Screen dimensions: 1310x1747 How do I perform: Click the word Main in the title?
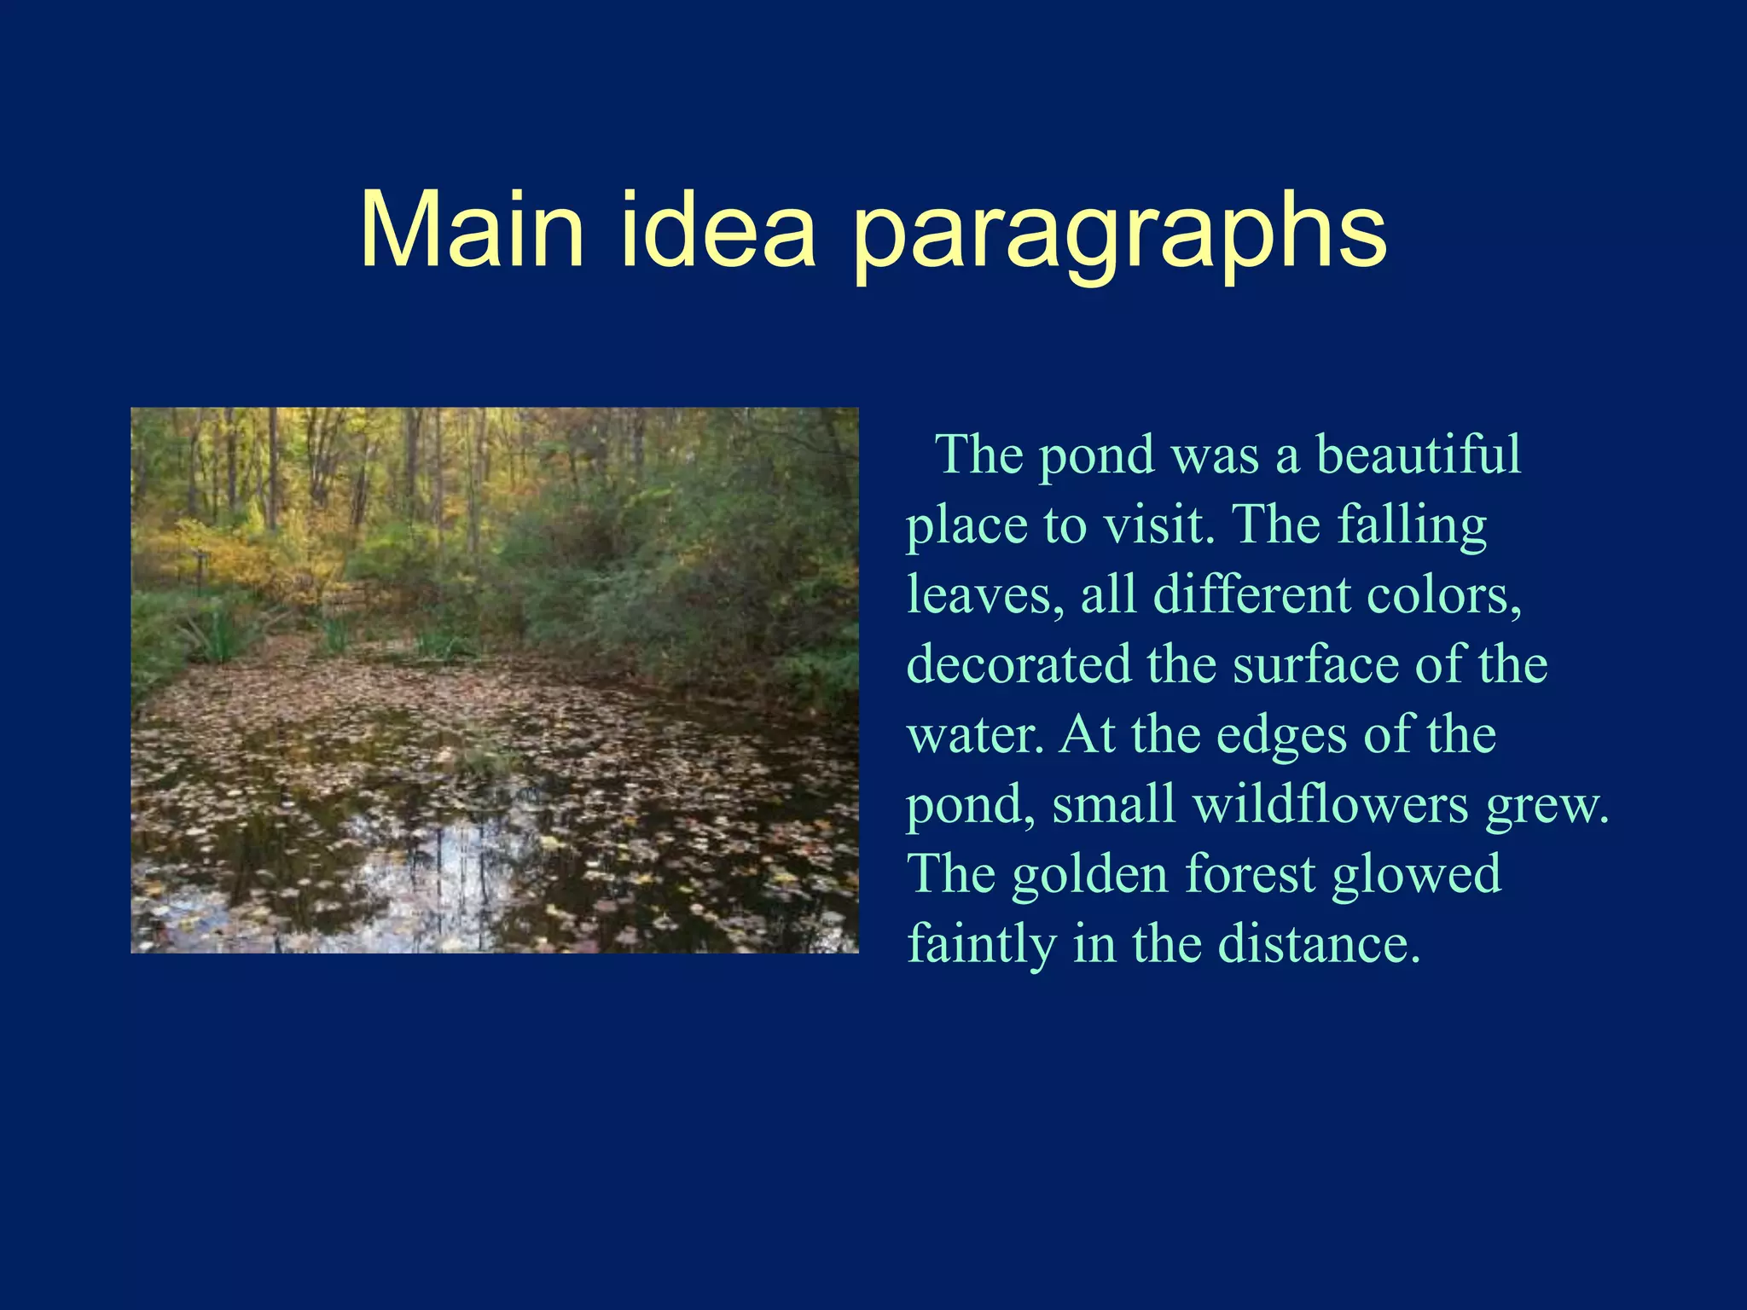pos(472,230)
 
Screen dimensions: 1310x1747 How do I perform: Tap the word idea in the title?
pos(717,230)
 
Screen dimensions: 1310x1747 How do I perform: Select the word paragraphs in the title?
pos(1119,235)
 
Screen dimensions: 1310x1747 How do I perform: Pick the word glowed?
pos(1417,876)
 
